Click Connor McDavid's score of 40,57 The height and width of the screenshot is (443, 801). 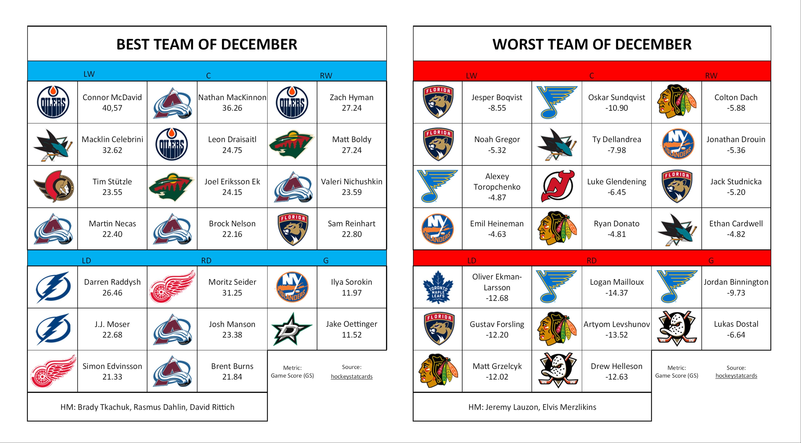point(112,108)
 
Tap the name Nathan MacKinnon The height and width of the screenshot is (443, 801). point(232,97)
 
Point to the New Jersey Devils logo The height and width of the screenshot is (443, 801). point(557,186)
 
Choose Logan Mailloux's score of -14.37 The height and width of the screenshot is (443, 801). point(617,293)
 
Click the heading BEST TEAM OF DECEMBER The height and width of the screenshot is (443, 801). point(207,44)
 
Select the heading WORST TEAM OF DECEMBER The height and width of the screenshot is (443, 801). point(592,44)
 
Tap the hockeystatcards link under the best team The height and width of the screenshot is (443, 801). point(352,376)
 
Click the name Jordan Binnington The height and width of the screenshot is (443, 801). point(736,282)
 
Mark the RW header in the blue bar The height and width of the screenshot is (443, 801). point(326,76)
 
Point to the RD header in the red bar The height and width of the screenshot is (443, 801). point(591,260)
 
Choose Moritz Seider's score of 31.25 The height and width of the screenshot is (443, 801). point(232,293)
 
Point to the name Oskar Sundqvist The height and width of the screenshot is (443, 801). point(617,97)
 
